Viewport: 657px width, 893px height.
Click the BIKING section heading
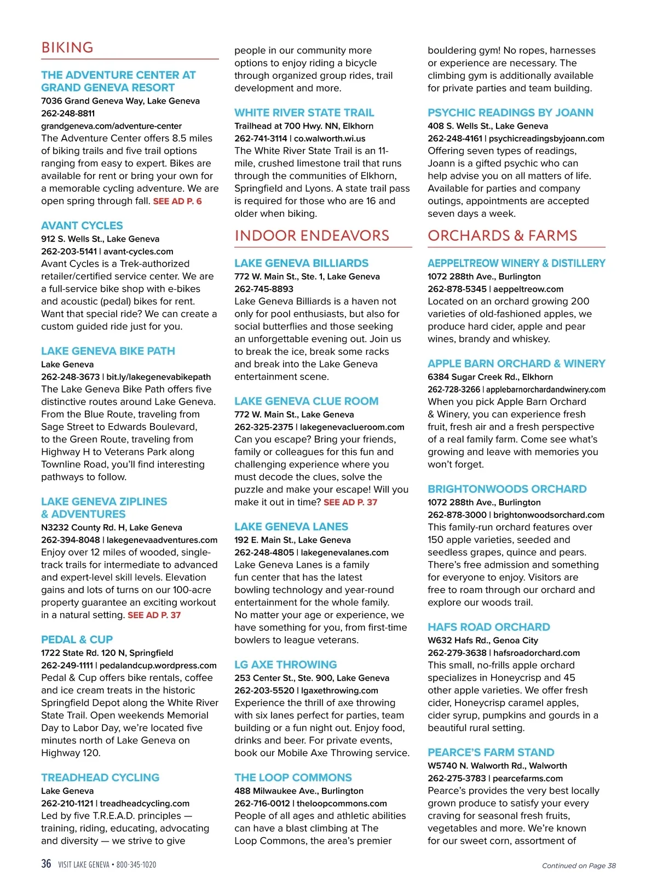pos(67,48)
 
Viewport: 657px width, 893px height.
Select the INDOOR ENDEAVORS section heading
pos(312,236)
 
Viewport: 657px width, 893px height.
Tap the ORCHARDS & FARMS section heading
pos(502,236)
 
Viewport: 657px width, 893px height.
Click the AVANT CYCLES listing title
pos(82,226)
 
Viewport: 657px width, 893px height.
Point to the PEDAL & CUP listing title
pos(77,639)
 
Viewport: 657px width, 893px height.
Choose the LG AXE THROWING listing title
pos(285,665)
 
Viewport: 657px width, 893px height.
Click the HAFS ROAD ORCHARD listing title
pos(488,627)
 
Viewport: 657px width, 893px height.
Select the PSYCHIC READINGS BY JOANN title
pos(510,113)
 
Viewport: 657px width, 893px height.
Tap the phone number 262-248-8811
pos(68,113)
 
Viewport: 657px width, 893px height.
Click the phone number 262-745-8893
pos(264,289)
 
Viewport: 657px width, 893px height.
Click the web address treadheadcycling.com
pos(145,803)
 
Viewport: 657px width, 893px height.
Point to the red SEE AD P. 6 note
pos(177,201)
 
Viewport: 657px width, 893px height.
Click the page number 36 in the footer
pos(46,864)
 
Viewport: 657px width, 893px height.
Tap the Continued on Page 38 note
pos(578,866)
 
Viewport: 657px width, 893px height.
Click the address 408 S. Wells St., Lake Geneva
pos(487,126)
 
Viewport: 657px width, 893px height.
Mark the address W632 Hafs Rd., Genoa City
pos(482,640)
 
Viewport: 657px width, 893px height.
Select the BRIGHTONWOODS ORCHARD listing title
pos(507,489)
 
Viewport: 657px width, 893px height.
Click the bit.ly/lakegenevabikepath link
pos(158,377)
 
